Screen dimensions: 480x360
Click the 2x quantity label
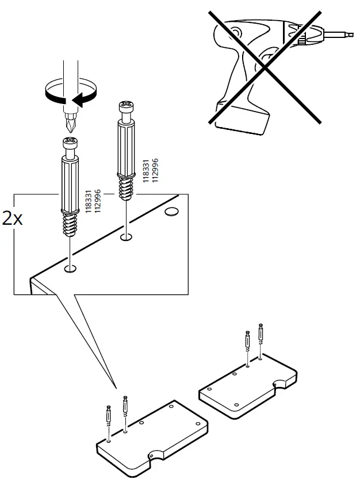[x=12, y=219]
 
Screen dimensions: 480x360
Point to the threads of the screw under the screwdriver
[x=69, y=225]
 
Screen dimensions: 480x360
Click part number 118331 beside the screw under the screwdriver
[x=89, y=202]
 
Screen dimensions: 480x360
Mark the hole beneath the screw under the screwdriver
[x=70, y=268]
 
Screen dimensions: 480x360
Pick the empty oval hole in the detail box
[x=172, y=213]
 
